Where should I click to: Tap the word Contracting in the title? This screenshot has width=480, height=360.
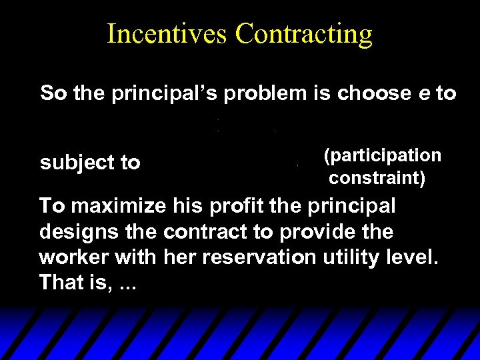click(x=304, y=33)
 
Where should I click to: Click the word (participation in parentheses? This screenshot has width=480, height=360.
click(x=382, y=155)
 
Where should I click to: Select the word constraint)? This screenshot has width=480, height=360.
click(x=377, y=179)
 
